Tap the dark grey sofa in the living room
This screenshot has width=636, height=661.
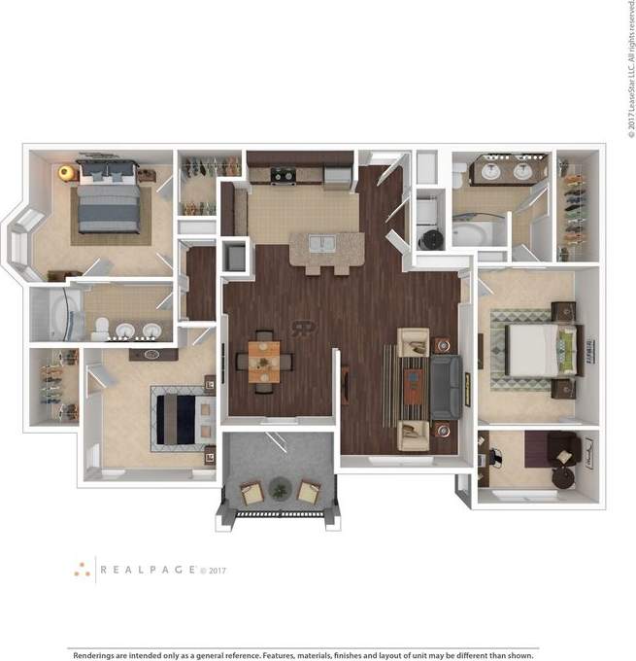click(448, 384)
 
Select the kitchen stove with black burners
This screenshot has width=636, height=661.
click(284, 175)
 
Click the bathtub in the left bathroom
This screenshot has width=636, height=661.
click(53, 316)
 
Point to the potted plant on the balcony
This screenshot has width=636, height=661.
click(280, 489)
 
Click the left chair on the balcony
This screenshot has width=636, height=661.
click(251, 493)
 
